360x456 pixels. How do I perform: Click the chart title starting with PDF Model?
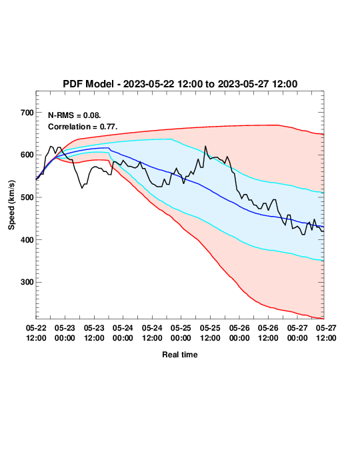(x=180, y=84)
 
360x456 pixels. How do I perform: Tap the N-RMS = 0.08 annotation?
(x=75, y=115)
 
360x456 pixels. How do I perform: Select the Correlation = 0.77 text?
(x=83, y=127)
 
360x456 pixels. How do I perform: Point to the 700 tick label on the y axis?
(x=27, y=113)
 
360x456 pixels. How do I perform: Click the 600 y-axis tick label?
(x=27, y=155)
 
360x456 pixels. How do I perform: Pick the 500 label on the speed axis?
(x=27, y=197)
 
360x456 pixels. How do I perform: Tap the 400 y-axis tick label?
(x=27, y=239)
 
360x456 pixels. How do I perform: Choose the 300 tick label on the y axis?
(x=27, y=282)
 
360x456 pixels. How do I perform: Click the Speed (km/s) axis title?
(x=11, y=205)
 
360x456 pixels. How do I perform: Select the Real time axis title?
(x=180, y=355)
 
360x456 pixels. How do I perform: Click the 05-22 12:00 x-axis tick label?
(x=36, y=333)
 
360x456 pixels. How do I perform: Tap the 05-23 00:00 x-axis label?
(x=65, y=333)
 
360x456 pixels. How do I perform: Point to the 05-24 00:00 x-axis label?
(x=123, y=333)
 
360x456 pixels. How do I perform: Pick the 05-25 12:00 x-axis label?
(x=210, y=333)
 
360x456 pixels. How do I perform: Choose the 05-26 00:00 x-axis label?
(x=239, y=333)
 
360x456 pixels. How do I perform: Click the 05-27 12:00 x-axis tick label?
(x=326, y=333)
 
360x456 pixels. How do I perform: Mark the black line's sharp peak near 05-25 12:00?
(x=205, y=146)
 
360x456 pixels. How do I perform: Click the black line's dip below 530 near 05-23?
(x=82, y=188)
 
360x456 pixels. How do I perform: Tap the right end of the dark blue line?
(x=323, y=227)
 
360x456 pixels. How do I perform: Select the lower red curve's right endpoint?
(x=323, y=319)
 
